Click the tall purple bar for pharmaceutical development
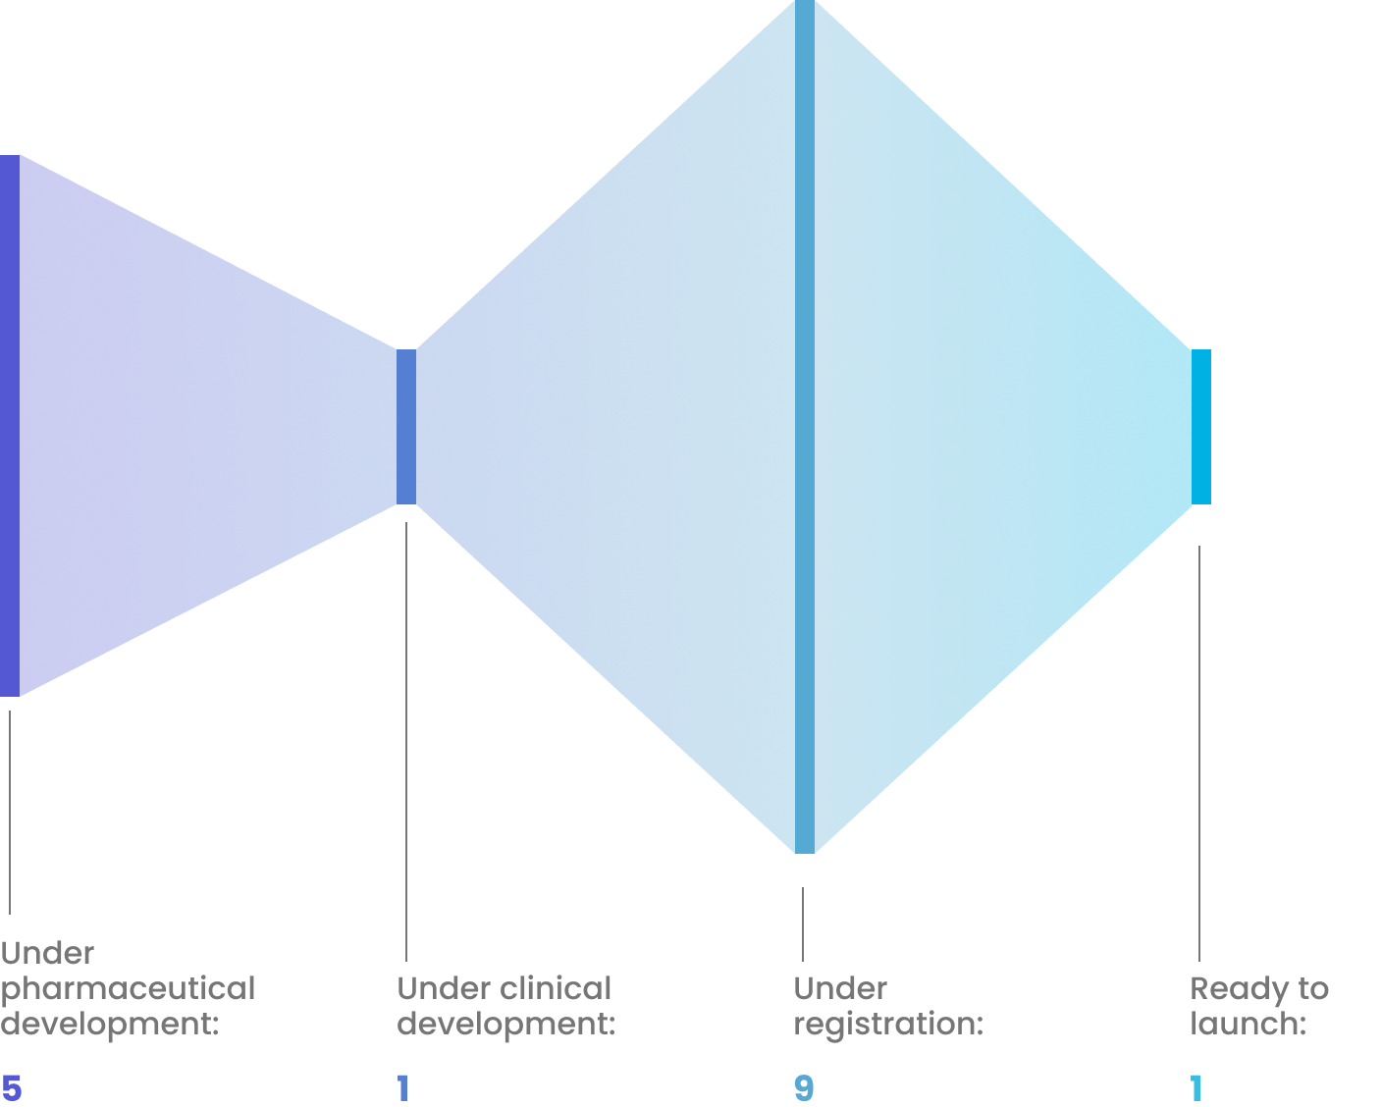(10, 426)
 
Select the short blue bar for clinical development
(406, 427)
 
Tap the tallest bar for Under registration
(805, 426)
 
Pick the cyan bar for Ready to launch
(1200, 427)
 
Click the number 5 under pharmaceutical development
(12, 1089)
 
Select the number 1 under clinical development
(402, 1089)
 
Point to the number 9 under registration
(804, 1089)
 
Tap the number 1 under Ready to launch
(1196, 1089)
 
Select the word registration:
(889, 1025)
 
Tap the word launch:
(1249, 1024)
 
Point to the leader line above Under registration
(803, 924)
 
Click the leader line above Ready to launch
(1199, 753)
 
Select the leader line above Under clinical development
(406, 742)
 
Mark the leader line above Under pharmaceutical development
(10, 813)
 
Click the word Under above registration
(840, 989)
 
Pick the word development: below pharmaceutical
(110, 1025)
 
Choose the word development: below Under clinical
(506, 1025)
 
